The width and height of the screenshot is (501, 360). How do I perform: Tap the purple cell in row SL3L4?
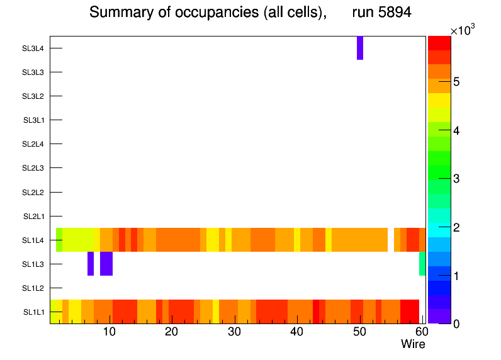coord(360,48)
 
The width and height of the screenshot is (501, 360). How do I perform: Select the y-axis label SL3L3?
coord(33,72)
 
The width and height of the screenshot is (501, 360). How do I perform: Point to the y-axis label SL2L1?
coord(33,217)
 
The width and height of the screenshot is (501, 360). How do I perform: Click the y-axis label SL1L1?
coord(33,312)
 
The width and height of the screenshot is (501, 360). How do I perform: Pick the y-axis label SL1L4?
coord(33,240)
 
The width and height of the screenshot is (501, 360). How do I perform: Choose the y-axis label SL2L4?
coord(33,144)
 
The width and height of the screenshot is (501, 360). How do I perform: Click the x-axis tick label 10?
coord(110,332)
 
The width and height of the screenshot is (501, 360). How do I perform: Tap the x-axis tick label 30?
coord(234,332)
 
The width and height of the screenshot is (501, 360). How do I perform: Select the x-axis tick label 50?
coord(359,332)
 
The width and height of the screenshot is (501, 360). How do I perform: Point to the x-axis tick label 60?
coord(421,332)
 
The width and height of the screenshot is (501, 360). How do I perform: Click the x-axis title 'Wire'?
coord(413,344)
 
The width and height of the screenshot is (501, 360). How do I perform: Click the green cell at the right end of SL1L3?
coord(422,264)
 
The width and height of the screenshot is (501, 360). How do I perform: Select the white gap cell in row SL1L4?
coord(391,240)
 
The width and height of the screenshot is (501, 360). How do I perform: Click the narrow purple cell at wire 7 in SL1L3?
coord(91,264)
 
